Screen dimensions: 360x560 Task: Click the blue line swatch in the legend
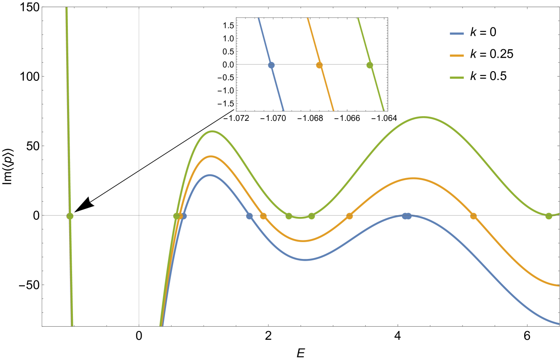[x=457, y=34]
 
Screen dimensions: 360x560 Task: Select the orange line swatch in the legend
[x=457, y=56]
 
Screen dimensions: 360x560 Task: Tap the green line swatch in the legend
[x=457, y=77]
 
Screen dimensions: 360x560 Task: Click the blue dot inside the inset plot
[x=271, y=65]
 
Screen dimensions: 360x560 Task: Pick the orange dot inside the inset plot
[x=319, y=65]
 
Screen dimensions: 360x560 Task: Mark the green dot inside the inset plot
[x=370, y=65]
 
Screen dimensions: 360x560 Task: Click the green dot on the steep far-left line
[x=70, y=216]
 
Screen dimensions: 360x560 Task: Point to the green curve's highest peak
[x=423, y=117]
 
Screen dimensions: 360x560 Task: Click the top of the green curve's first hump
[x=212, y=131]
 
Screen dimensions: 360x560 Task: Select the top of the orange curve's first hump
[x=211, y=156]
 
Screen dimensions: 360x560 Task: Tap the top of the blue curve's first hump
[x=209, y=175]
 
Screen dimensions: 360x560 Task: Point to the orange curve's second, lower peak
[x=413, y=178]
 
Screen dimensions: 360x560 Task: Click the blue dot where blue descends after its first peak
[x=249, y=216]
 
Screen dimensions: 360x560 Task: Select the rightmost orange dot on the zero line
[x=473, y=216]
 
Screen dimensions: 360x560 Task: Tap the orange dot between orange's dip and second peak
[x=349, y=216]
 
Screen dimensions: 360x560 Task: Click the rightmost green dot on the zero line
[x=549, y=216]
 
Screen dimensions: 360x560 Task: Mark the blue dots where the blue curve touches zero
[x=406, y=216]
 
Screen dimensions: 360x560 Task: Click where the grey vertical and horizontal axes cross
[x=139, y=215]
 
